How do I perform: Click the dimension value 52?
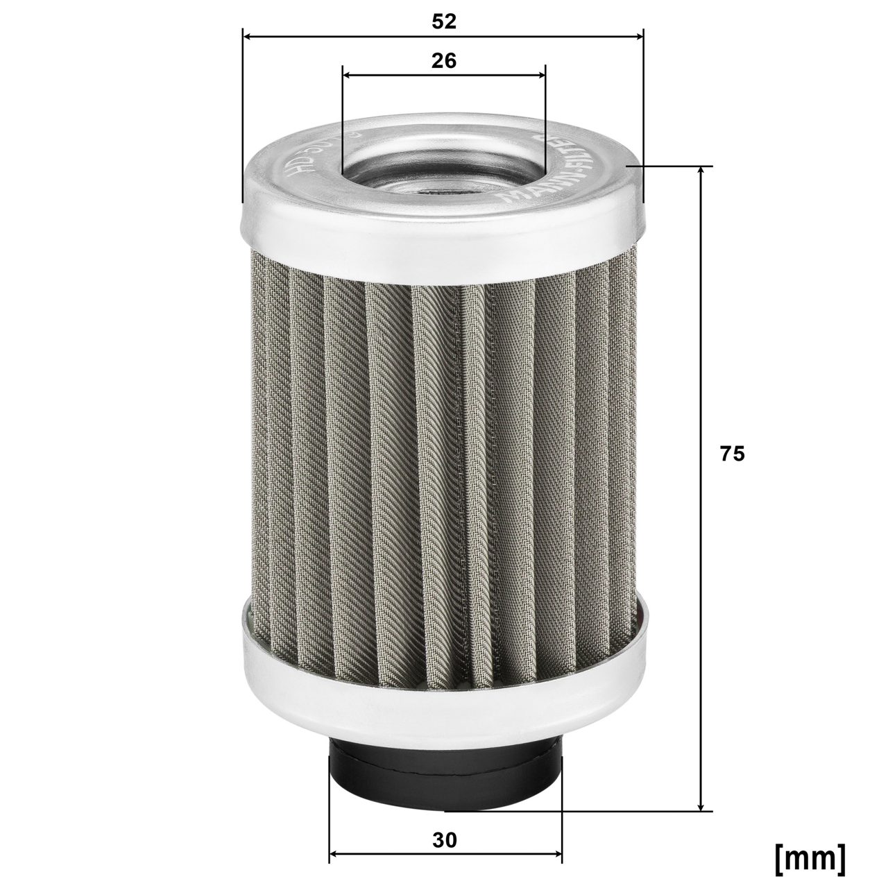(443, 22)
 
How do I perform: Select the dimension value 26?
(443, 60)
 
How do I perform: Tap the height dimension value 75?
(733, 454)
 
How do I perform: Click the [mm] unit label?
(810, 857)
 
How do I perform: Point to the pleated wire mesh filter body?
(444, 444)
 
